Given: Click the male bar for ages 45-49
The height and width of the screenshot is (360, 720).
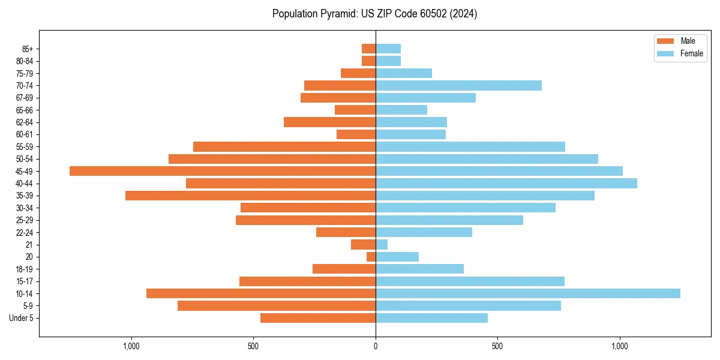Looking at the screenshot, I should click(223, 171).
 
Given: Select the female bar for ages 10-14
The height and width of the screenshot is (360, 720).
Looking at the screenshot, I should click(528, 293).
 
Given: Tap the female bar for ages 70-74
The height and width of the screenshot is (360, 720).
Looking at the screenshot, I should click(458, 85).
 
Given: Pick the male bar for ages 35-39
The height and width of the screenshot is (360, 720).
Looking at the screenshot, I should click(250, 196).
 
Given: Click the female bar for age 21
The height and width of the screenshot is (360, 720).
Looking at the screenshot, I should click(382, 244).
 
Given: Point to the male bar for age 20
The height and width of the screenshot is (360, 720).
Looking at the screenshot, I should click(371, 257).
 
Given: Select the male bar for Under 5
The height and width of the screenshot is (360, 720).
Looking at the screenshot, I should click(318, 318).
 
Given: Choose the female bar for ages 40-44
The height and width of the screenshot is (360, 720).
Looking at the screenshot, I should click(506, 183).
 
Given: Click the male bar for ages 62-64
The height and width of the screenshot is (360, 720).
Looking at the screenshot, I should click(329, 122).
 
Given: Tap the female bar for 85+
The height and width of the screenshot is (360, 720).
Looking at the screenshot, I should click(388, 49).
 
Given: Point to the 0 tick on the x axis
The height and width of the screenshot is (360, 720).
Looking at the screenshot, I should click(376, 346).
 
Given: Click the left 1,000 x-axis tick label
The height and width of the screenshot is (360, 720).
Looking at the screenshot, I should click(131, 346).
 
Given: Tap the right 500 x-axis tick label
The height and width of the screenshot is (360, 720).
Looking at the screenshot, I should click(497, 346).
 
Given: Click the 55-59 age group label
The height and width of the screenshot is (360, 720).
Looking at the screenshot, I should click(25, 146).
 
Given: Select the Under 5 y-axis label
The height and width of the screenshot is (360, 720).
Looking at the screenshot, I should click(21, 318).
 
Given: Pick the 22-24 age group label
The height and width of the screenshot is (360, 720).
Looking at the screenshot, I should click(25, 232).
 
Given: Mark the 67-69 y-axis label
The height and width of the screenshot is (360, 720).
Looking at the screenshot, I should click(25, 98).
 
